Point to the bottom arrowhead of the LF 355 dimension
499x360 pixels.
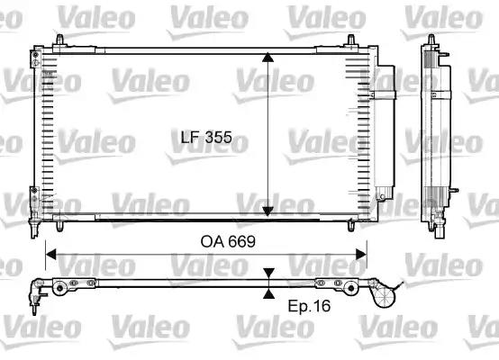click(268, 210)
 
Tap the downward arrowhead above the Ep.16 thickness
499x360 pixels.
click(268, 272)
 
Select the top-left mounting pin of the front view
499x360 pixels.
click(61, 40)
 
